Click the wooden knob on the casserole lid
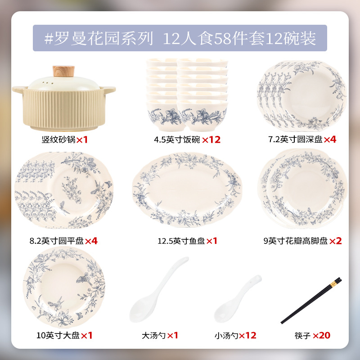(63, 71)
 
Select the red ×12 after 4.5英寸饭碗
(211, 139)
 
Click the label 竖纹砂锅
(58, 139)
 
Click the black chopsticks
(311, 301)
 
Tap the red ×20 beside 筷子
(321, 335)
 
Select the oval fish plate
(187, 190)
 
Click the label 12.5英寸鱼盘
(181, 241)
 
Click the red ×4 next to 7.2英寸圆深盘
(330, 139)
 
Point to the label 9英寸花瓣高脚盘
(296, 241)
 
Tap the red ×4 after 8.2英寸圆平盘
(91, 241)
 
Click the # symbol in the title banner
(49, 38)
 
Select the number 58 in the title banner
(222, 39)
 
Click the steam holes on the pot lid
(47, 83)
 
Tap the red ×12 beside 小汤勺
(247, 335)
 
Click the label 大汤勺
(153, 335)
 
